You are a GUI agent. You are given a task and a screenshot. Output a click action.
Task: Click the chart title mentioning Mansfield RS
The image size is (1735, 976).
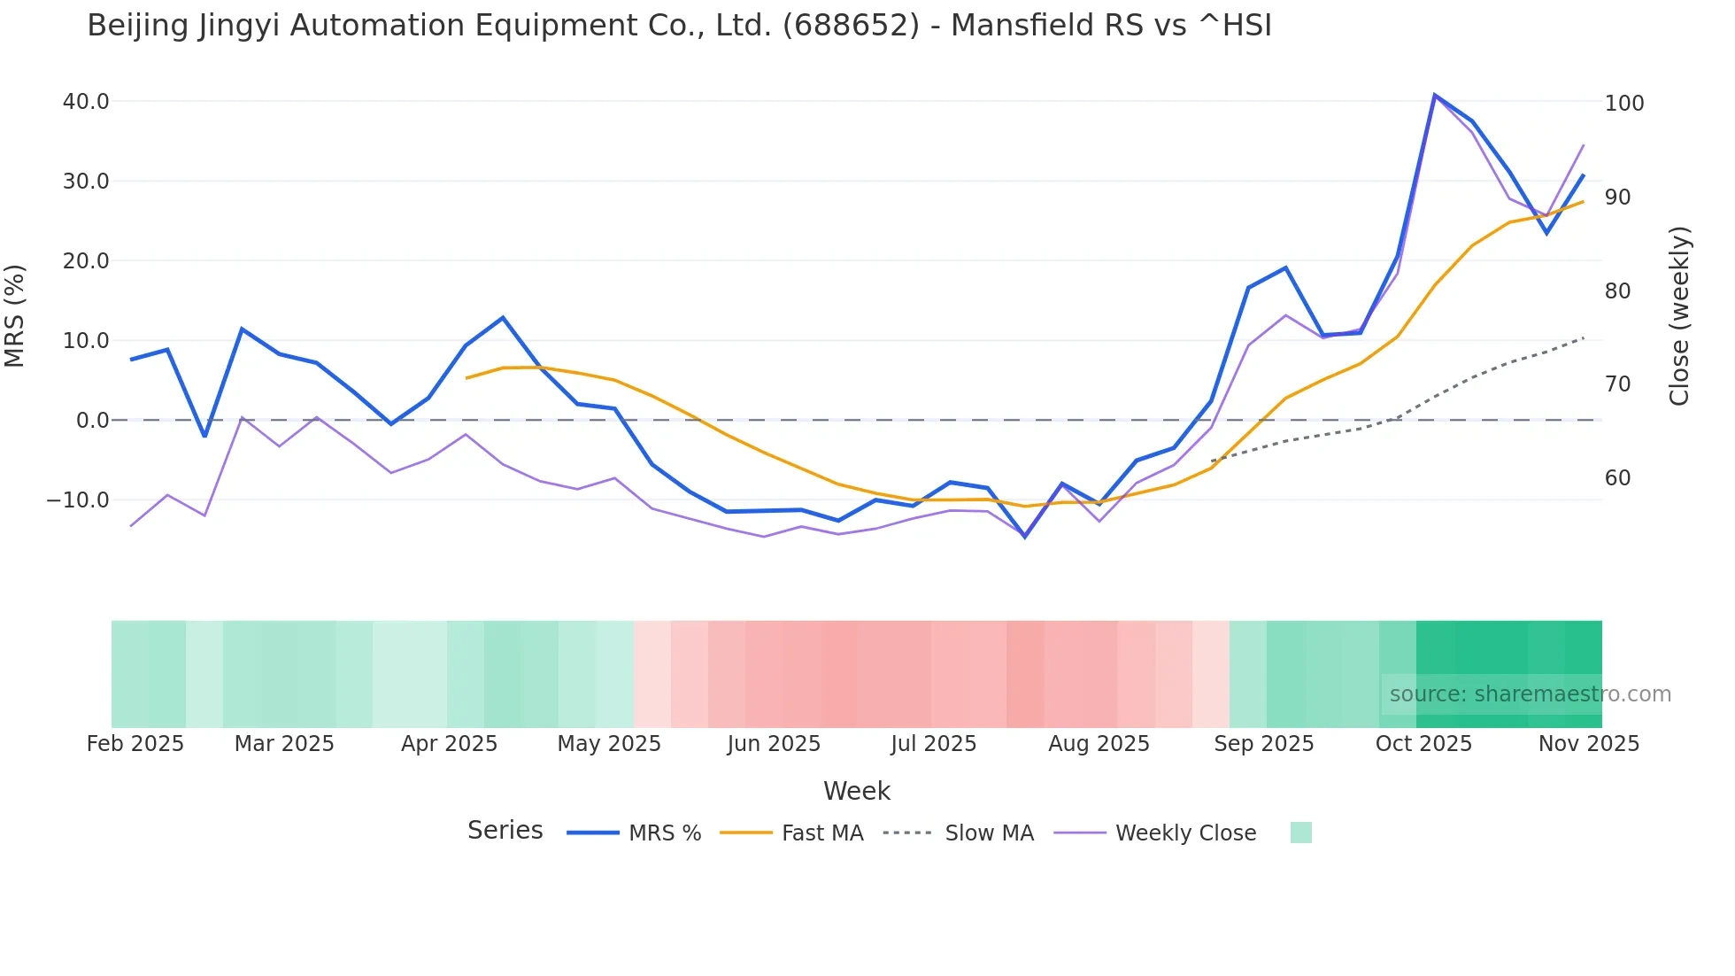tap(679, 26)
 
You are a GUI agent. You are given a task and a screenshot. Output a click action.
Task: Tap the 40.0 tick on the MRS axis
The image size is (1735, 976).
tap(86, 102)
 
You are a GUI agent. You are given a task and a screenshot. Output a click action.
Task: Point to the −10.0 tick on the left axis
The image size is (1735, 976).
tap(78, 500)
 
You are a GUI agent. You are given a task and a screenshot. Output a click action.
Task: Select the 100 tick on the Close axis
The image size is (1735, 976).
tap(1624, 104)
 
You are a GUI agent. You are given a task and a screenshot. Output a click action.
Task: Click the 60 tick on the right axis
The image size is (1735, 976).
tap(1618, 478)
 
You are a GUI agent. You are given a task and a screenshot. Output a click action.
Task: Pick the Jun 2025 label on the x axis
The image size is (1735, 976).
tap(774, 744)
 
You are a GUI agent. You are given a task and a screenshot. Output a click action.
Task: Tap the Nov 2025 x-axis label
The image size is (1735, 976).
tap(1589, 744)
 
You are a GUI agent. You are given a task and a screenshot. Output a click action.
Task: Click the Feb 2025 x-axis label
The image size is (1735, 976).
tap(135, 744)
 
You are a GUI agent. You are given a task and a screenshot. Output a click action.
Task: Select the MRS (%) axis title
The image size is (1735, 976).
tap(15, 316)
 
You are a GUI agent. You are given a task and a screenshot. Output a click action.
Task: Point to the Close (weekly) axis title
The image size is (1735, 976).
tap(1679, 316)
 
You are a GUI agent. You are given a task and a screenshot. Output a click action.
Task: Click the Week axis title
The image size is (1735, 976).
tap(857, 791)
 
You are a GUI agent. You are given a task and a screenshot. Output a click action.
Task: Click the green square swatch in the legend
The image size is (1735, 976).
tap(1300, 833)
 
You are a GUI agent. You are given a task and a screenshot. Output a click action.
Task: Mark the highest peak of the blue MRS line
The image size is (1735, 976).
tap(1434, 95)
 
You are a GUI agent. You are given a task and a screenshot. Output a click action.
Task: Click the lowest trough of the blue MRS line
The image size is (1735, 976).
tap(1025, 537)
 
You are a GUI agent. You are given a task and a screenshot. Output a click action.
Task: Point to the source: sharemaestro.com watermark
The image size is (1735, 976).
tap(1530, 694)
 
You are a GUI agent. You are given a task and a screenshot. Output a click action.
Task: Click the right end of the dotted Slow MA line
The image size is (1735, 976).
tap(1583, 337)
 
